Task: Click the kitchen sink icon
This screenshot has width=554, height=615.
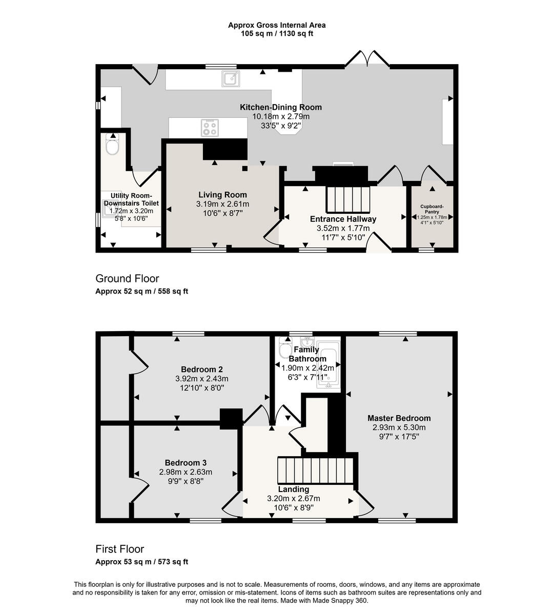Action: coord(230,78)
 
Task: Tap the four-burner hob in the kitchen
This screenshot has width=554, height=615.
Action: coord(210,128)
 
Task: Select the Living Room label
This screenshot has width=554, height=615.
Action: coord(222,195)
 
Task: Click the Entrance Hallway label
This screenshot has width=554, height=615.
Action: coord(343,219)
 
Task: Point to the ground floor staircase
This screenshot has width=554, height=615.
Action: coord(348,199)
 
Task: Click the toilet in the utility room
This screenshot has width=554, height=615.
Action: coord(112,145)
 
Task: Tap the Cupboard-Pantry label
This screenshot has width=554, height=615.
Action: coord(432,209)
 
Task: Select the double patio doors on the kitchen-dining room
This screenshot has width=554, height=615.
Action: coord(367,58)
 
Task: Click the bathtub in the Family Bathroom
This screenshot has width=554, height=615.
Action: coord(329,364)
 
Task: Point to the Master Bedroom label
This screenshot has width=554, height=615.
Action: coord(399,418)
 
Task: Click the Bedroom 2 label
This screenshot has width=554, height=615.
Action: coord(201,370)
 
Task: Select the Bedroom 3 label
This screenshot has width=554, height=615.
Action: coord(186,463)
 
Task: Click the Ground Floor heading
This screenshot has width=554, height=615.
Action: coord(127,278)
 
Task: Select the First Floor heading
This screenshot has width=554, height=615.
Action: coord(119,549)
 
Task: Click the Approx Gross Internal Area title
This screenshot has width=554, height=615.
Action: coord(277,25)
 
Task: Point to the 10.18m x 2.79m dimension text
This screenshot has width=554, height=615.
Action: coord(281,116)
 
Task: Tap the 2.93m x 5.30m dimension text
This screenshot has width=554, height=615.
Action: coord(399,427)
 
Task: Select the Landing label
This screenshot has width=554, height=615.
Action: coord(293,489)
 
